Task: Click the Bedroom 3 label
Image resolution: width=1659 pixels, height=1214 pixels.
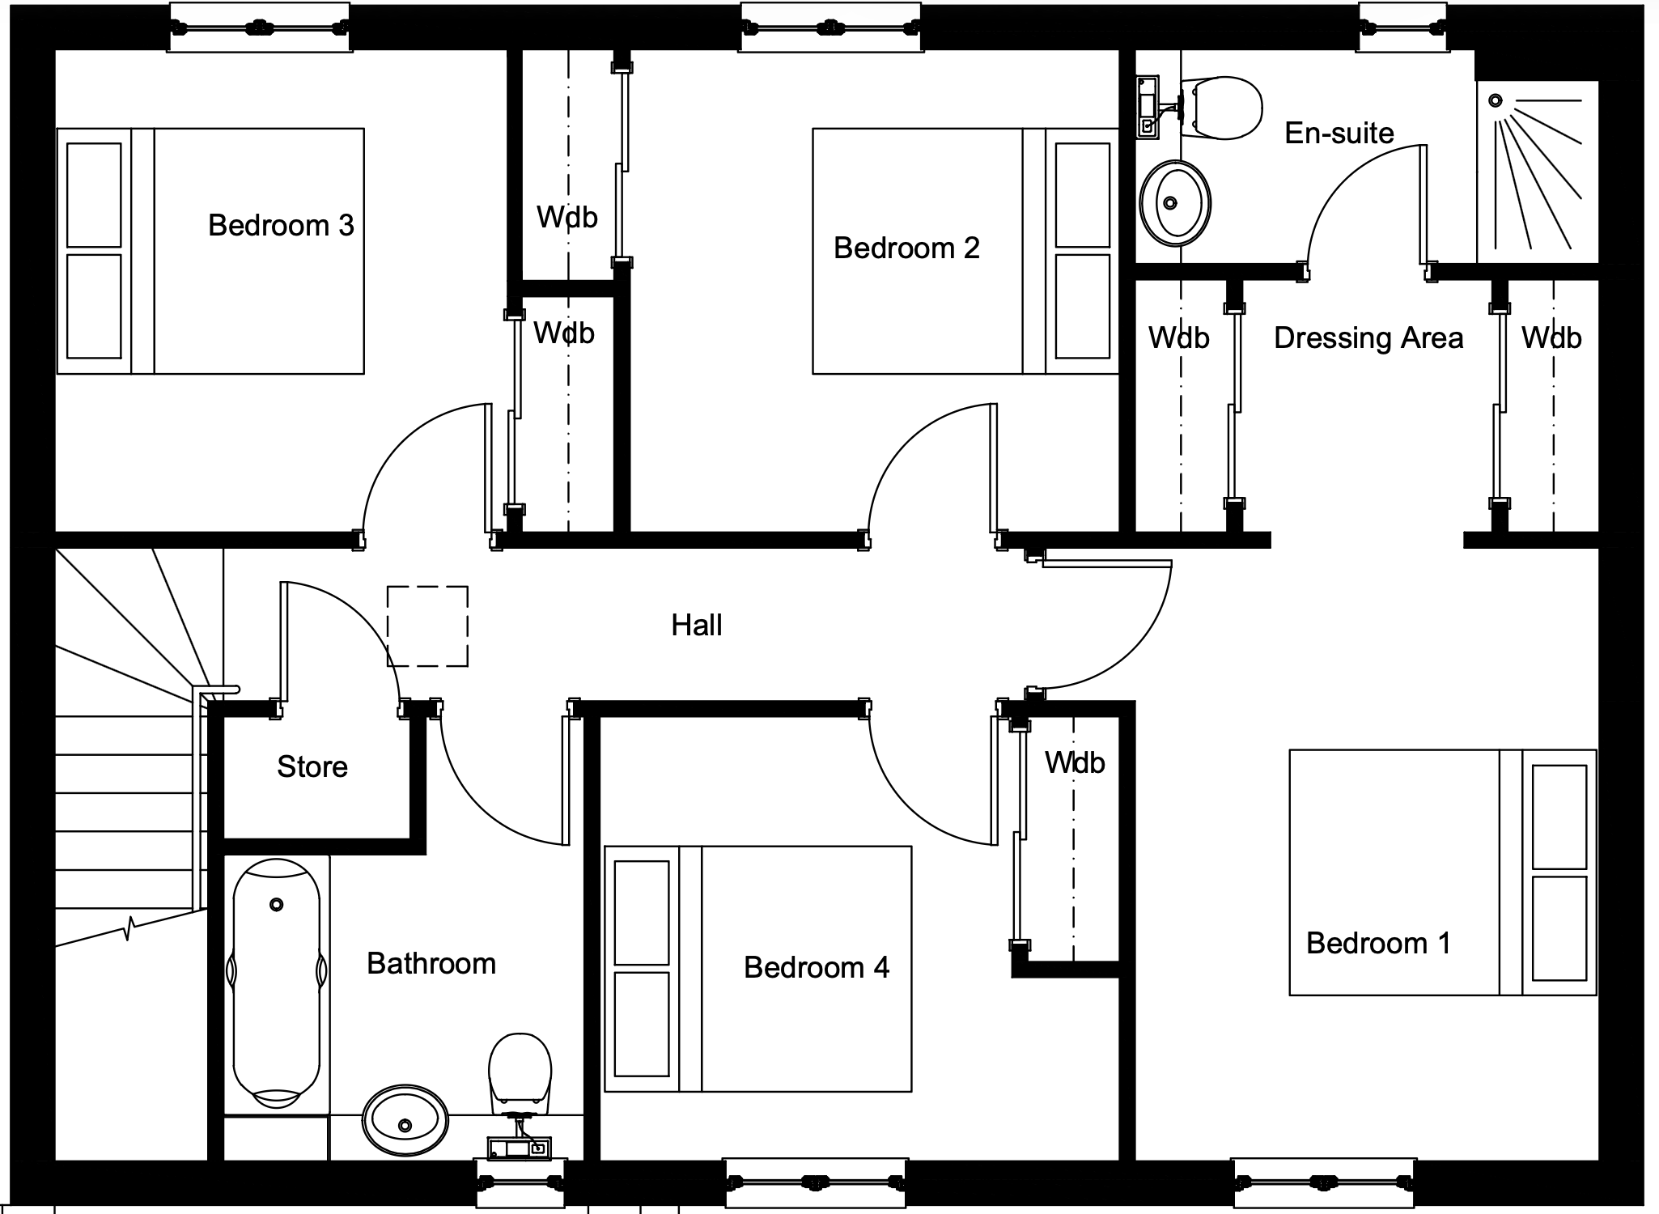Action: click(x=281, y=225)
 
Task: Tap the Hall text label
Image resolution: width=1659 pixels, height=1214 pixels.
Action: click(x=697, y=625)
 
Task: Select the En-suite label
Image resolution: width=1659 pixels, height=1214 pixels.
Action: click(x=1339, y=133)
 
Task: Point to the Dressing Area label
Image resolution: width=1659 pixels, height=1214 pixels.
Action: click(x=1368, y=337)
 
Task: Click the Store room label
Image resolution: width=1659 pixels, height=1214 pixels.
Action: click(x=312, y=766)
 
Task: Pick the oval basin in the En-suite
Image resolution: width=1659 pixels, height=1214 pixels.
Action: click(x=1175, y=203)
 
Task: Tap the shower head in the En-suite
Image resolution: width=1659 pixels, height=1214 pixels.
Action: click(x=1496, y=101)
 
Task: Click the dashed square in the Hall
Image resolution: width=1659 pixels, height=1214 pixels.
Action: click(x=427, y=626)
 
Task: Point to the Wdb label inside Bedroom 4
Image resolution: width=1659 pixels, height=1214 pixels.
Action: click(x=1075, y=762)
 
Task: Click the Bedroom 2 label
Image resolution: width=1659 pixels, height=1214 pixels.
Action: click(x=906, y=248)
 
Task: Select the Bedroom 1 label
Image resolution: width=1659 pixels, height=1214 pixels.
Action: click(x=1378, y=943)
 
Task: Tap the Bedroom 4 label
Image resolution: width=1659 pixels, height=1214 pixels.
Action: click(x=816, y=967)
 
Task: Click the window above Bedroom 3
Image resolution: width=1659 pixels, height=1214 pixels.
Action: click(x=260, y=28)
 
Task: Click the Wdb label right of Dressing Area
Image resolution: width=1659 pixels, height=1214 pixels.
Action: click(x=1551, y=337)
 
